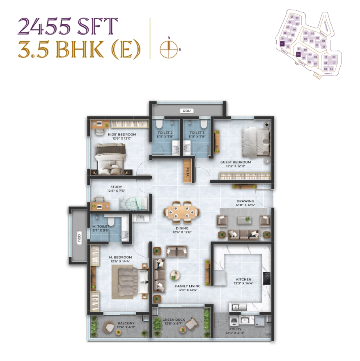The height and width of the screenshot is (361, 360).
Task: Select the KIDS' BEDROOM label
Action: click(x=122, y=134)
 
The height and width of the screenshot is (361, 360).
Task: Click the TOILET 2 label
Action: click(x=165, y=133)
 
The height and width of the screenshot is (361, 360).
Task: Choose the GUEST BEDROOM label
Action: click(x=236, y=162)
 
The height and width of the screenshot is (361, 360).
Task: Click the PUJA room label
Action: click(x=188, y=172)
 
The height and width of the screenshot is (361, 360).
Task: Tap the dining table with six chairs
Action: click(x=181, y=212)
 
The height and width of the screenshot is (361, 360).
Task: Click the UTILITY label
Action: click(x=234, y=329)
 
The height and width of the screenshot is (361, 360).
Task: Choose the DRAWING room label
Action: click(x=245, y=201)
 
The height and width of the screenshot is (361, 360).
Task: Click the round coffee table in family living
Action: click(x=175, y=274)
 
